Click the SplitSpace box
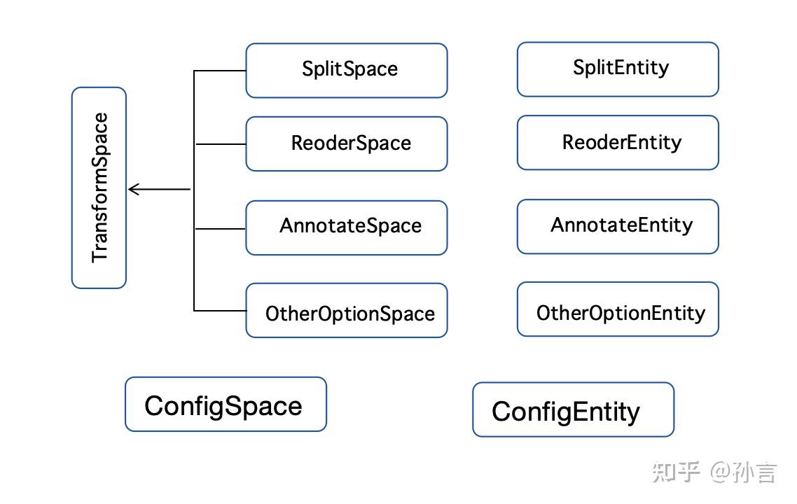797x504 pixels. click(346, 70)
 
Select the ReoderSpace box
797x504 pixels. click(346, 143)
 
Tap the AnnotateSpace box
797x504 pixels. click(346, 227)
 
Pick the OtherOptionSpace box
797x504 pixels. click(346, 310)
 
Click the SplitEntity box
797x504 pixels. click(618, 69)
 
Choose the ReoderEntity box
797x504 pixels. click(618, 142)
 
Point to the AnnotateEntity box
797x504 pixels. click(618, 226)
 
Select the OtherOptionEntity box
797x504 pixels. click(618, 309)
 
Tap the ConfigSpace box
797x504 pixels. click(226, 404)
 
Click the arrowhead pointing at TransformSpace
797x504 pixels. click(133, 189)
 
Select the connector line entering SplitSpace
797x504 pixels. click(220, 71)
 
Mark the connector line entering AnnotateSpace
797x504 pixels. click(220, 228)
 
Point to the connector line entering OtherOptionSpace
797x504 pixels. click(220, 310)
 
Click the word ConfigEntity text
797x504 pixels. click(566, 412)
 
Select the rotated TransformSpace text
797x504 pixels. click(100, 187)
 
